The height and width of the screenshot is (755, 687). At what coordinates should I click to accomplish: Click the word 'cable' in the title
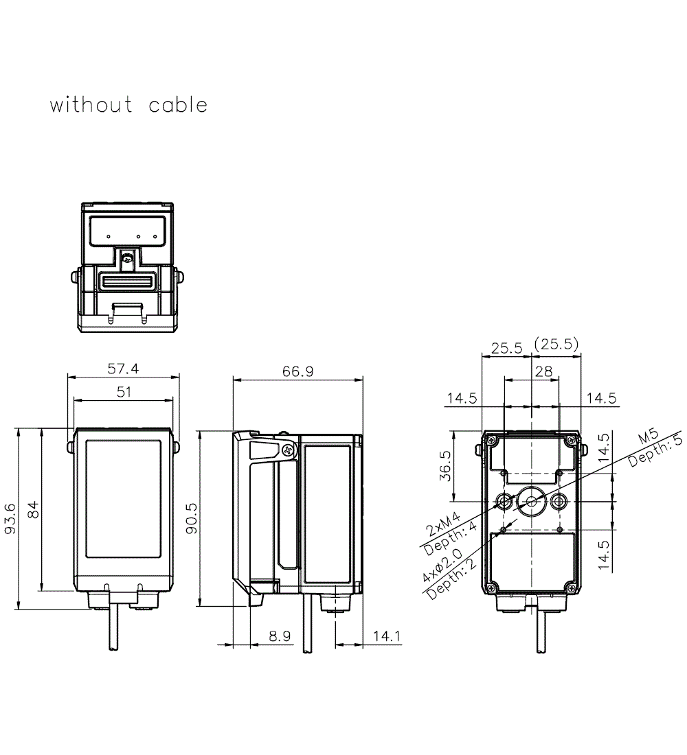coord(178,105)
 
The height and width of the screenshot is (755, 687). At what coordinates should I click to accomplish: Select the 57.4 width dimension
coord(123,369)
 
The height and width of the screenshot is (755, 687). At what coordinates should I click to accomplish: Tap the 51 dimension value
coord(123,392)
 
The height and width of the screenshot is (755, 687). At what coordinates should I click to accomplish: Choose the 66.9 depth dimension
coord(297,371)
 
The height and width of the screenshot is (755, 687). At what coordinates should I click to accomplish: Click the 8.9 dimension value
coord(280,636)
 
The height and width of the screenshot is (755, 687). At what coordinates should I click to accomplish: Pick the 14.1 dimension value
coord(386,636)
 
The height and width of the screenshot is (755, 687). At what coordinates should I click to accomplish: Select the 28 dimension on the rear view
coord(543,371)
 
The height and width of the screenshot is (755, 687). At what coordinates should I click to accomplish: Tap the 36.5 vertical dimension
coord(445,466)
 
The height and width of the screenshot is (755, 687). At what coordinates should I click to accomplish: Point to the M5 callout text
coord(648,438)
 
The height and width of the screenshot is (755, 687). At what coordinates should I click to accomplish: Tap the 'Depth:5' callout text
coord(655,452)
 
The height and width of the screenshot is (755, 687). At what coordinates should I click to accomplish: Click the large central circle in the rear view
coord(532,501)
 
